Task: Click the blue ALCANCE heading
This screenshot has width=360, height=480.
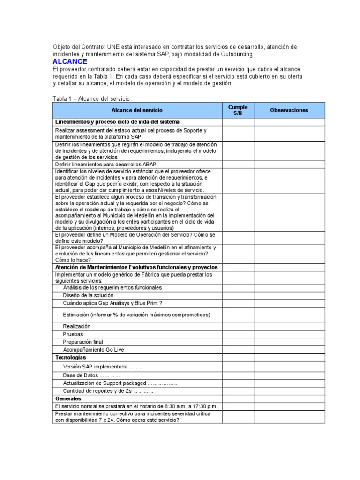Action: (x=70, y=61)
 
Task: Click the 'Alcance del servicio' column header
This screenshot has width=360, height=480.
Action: (x=137, y=110)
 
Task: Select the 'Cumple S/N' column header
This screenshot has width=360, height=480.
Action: (x=238, y=110)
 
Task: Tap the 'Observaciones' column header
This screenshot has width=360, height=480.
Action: (x=289, y=110)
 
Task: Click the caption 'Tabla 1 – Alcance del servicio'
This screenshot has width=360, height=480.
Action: (x=91, y=98)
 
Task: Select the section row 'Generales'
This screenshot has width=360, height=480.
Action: (x=68, y=398)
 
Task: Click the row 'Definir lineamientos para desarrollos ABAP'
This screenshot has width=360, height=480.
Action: (x=105, y=164)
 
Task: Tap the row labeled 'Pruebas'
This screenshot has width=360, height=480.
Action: (x=73, y=334)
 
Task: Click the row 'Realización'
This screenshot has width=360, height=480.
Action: (x=77, y=326)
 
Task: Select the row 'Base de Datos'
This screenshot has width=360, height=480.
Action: (x=91, y=375)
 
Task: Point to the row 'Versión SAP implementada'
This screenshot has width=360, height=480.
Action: (x=103, y=367)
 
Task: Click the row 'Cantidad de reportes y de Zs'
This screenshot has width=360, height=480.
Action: (x=108, y=391)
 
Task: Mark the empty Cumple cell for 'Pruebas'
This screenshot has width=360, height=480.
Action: (x=238, y=334)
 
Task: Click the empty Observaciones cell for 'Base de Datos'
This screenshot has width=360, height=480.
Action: (x=289, y=375)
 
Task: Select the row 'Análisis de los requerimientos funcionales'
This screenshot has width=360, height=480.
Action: (x=112, y=287)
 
